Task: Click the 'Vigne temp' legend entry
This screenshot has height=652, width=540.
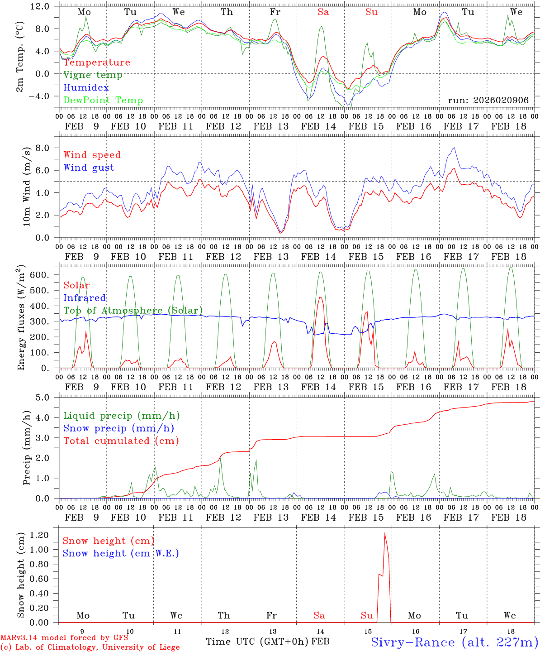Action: tap(93, 75)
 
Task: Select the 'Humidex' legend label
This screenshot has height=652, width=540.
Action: tap(86, 88)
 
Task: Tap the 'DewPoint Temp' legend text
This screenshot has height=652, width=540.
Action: tap(103, 101)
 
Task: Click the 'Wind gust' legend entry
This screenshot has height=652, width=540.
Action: tap(89, 168)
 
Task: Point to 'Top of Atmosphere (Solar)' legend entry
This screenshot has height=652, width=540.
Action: tap(133, 311)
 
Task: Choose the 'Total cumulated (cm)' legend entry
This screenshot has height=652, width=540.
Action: tap(121, 441)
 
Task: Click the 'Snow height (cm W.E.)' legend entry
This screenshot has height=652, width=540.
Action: tap(121, 553)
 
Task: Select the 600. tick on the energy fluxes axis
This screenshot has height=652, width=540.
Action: tap(44, 275)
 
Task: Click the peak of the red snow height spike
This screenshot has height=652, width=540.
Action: tap(384, 534)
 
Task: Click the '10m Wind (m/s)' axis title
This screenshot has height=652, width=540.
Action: tap(27, 187)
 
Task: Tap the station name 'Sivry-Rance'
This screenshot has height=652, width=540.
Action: tap(412, 642)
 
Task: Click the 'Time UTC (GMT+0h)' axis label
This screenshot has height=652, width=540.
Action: tap(257, 642)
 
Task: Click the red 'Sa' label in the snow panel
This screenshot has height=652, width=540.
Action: tap(319, 615)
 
